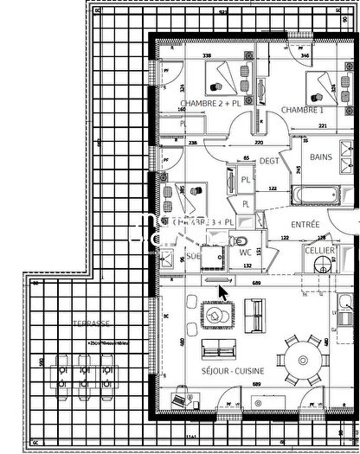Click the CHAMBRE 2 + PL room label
click(x=206, y=105)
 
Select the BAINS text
click(x=321, y=157)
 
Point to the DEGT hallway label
click(x=269, y=160)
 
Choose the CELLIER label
click(x=319, y=250)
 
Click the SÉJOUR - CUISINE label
click(x=234, y=370)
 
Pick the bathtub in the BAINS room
click(x=313, y=194)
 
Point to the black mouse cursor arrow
click(x=222, y=292)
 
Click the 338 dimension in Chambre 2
click(x=207, y=56)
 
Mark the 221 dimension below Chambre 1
click(x=322, y=126)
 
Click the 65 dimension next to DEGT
click(x=246, y=159)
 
